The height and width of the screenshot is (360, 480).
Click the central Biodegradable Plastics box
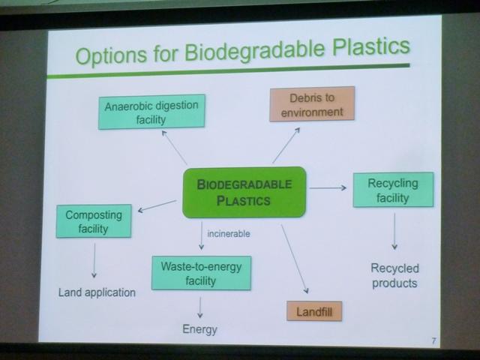[244, 193]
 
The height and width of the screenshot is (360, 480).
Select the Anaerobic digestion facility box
[151, 112]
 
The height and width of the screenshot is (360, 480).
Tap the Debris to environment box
[312, 104]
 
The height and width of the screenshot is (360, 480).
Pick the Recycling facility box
[393, 190]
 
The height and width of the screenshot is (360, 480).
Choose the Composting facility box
[94, 221]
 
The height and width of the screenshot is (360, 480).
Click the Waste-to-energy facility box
[202, 273]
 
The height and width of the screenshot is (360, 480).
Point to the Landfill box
[314, 311]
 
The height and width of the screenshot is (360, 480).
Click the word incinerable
[229, 234]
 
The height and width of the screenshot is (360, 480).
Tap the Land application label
[97, 292]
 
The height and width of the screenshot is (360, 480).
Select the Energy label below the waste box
[200, 329]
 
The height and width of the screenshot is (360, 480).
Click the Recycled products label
[394, 275]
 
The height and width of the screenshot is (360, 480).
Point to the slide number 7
[433, 340]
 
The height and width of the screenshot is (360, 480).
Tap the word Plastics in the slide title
[371, 46]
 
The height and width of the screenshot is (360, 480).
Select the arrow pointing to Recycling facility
[328, 187]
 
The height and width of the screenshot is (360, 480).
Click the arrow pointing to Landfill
[295, 259]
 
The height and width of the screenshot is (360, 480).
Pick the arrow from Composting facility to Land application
[94, 260]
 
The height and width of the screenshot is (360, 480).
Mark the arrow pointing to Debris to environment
[286, 145]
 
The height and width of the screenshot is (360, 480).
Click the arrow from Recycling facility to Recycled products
[394, 231]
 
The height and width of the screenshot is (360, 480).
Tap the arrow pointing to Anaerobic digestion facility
[174, 148]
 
